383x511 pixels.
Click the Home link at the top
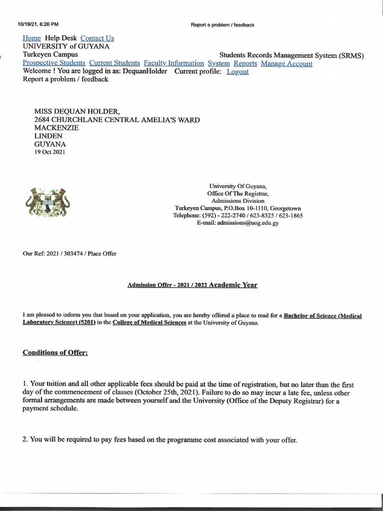tap(32, 38)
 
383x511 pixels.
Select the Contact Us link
tap(97, 38)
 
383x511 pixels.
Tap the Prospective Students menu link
tap(54, 63)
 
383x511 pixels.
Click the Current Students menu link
tap(115, 63)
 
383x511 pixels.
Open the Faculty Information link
tap(174, 63)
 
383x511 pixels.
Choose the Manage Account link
tap(287, 63)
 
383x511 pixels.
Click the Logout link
tap(237, 71)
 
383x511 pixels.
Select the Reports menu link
tap(245, 63)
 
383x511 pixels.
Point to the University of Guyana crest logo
tap(46, 202)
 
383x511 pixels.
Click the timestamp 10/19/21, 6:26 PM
tap(38, 24)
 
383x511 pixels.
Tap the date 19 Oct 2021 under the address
tap(49, 152)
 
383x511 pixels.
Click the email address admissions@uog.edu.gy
tap(237, 224)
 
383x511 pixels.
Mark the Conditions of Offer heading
tap(55, 353)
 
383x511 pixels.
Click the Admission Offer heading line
tap(192, 285)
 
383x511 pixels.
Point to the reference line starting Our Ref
tap(69, 254)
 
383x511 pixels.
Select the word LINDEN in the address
tap(48, 136)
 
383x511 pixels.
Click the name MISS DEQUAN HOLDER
tap(77, 112)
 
